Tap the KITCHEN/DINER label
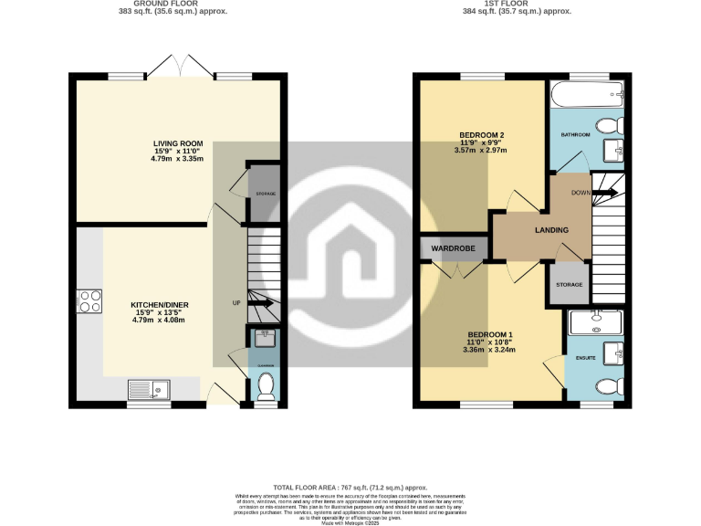153,303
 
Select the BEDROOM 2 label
481,135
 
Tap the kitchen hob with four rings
91,300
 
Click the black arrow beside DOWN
603,193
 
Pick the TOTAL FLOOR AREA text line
350,489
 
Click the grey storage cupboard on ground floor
265,193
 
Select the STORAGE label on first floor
570,286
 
